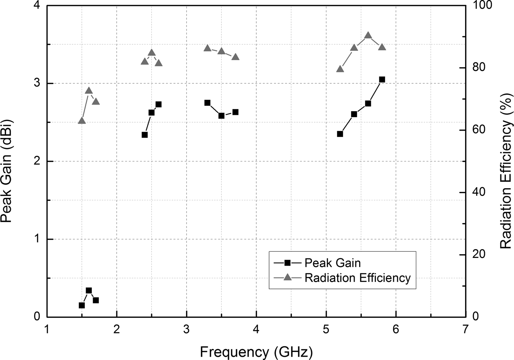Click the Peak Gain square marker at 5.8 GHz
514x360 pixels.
382,80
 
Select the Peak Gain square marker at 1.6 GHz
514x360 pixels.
88,291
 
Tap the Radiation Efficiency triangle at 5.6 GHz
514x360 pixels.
368,36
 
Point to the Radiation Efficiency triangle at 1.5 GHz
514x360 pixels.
82,121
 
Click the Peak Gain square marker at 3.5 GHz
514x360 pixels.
221,116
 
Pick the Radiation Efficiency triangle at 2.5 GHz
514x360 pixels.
152,53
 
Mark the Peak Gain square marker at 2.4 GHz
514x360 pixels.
145,135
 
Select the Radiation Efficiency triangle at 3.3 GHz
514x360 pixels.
207,48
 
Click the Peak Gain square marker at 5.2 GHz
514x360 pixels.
340,134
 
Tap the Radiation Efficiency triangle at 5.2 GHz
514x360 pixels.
340,69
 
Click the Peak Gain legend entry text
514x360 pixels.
333,263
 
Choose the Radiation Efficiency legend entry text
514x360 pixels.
357,278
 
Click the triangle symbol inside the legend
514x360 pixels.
288,278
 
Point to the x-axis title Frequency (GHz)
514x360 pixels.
256,352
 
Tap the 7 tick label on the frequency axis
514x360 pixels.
466,330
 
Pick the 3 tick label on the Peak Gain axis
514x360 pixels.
37,83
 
